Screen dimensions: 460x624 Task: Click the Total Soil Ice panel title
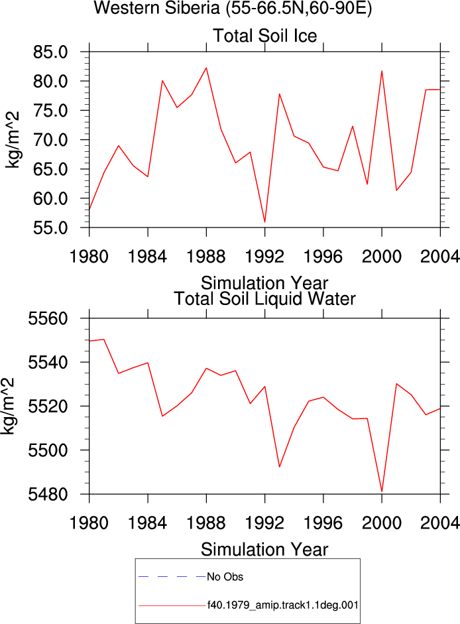[x=265, y=36]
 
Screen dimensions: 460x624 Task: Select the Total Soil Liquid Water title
[x=264, y=299]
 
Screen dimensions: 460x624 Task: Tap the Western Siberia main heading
[x=233, y=8]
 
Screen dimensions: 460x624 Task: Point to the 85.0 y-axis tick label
[x=50, y=52]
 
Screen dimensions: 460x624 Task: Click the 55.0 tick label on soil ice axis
[x=50, y=228]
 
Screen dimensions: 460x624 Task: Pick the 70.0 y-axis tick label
[x=50, y=140]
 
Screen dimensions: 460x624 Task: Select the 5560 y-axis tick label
[x=48, y=319]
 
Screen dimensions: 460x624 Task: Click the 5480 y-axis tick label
[x=48, y=495]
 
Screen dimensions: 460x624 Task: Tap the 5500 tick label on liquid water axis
[x=48, y=450]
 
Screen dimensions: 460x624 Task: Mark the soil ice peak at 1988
[x=206, y=68]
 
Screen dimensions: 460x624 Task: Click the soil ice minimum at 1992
[x=265, y=222]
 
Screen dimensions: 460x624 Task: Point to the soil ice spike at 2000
[x=382, y=71]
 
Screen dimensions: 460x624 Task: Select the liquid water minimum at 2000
[x=382, y=492]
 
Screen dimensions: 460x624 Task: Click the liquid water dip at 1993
[x=279, y=467]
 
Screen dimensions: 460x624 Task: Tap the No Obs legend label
[x=225, y=577]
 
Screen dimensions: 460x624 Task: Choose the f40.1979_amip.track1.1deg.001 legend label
[x=283, y=605]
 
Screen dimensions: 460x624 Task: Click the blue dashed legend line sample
[x=172, y=576]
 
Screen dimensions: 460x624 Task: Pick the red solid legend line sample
[x=172, y=605]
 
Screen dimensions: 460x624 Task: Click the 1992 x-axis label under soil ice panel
[x=264, y=257]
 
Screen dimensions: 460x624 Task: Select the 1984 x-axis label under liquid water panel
[x=147, y=523]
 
